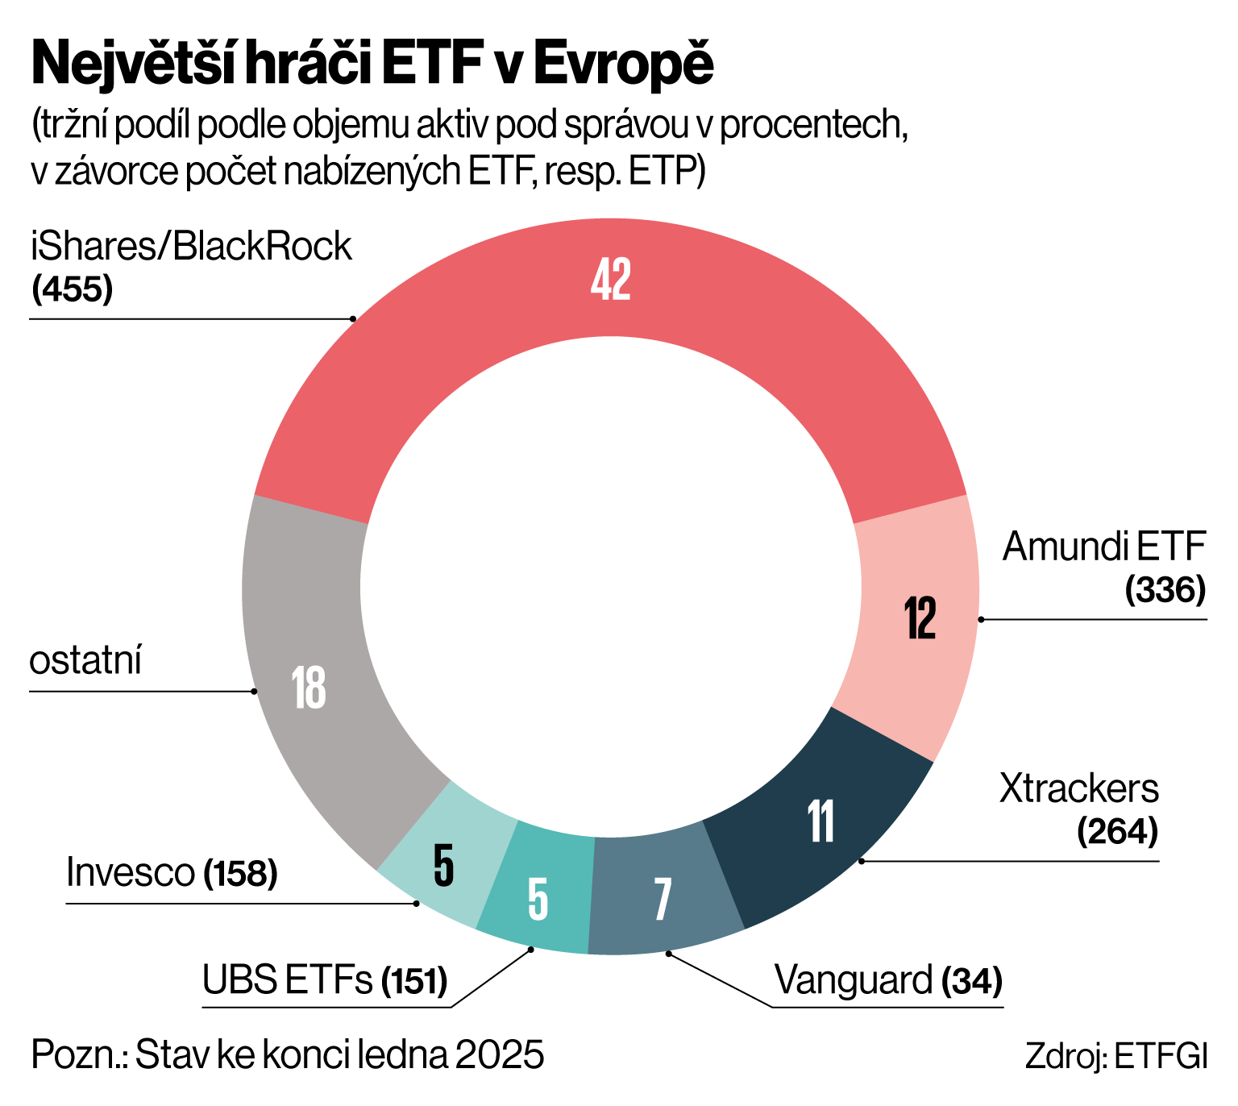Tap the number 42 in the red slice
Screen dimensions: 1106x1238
[x=610, y=280]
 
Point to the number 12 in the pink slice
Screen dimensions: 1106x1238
[x=920, y=618]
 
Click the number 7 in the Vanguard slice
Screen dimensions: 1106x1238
[x=663, y=900]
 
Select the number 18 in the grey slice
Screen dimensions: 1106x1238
[x=309, y=688]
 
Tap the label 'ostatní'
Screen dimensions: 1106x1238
[x=85, y=661]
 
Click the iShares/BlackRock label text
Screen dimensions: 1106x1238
[x=191, y=247]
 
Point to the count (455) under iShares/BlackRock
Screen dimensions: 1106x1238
[x=72, y=289]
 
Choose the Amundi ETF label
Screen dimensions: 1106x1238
[x=1103, y=547]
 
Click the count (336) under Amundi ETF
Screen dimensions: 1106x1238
[x=1165, y=590]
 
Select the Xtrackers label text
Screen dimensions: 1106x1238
[x=1078, y=788]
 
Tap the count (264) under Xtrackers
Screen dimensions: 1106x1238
[x=1117, y=832]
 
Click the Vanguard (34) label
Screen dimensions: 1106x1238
[x=888, y=981]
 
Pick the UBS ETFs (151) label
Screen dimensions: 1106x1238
[x=325, y=981]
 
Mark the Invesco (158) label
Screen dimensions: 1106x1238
[x=172, y=872]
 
